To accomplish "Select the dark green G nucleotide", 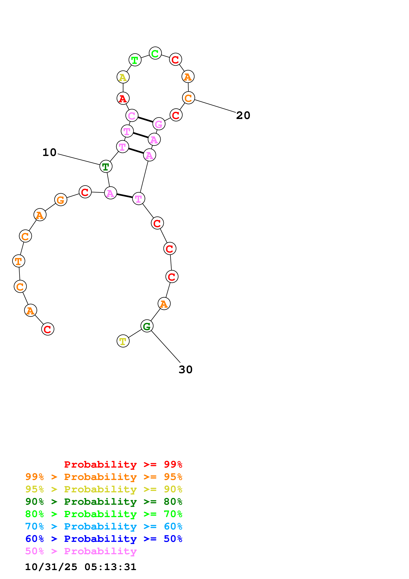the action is pos(147,326).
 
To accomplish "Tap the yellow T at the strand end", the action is pos(123,341).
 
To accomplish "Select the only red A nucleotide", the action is pos(123,98).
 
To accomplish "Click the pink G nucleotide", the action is pos(159,124).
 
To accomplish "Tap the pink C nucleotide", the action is pos(132,116).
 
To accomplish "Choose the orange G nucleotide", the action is pos(61,200).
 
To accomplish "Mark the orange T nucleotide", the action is pos(19,261).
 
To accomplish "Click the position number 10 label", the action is pos(49,152).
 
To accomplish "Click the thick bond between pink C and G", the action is pos(145,119).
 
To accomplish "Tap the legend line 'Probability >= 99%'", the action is pos(123,464).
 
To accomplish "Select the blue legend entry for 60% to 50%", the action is pos(104,539).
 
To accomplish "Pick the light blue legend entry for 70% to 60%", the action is pos(104,527).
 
